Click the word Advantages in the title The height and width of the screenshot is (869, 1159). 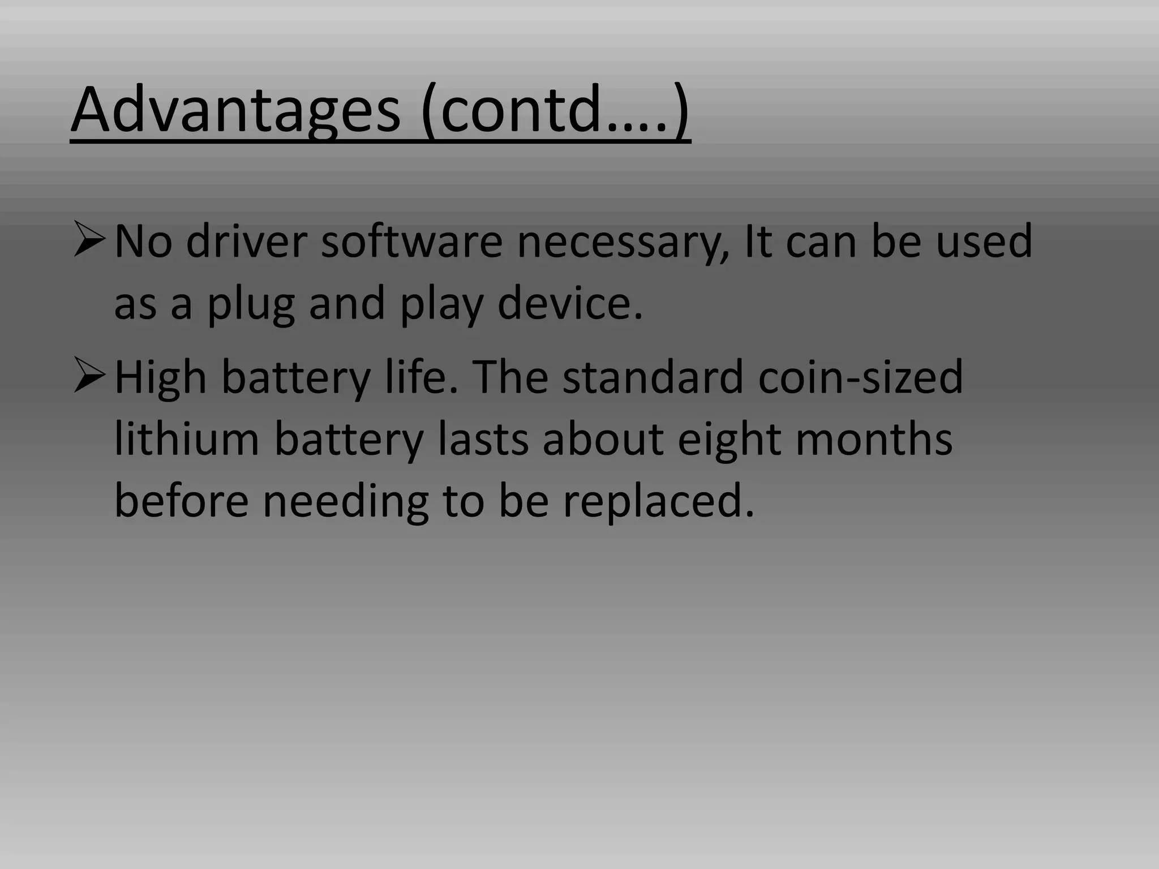pos(235,111)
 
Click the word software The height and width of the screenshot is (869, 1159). pos(411,242)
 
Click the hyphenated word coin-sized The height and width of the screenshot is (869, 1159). pos(860,377)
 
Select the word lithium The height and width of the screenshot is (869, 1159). pos(187,439)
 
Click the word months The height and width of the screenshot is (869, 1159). pos(874,439)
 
